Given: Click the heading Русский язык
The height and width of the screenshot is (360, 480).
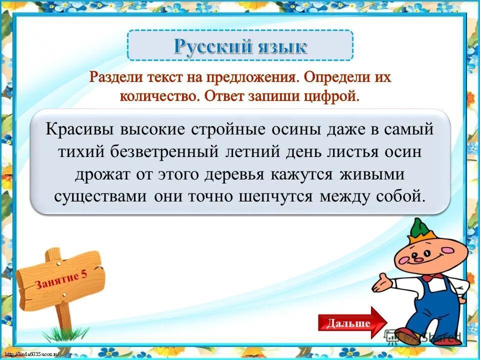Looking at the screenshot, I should click(240, 46).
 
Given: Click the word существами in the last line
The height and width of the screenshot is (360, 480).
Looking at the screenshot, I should click(100, 195).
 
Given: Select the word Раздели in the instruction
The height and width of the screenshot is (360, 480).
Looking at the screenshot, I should click(116, 78).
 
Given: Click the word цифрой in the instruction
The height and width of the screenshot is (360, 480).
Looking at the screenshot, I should click(330, 95).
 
